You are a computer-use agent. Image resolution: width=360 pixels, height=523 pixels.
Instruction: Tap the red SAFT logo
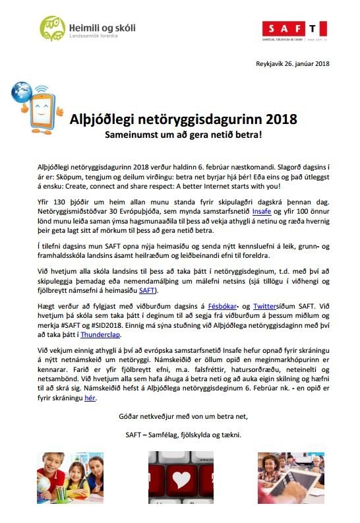tap(293, 29)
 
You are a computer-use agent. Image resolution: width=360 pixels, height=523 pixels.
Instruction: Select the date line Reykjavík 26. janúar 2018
tap(292, 64)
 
